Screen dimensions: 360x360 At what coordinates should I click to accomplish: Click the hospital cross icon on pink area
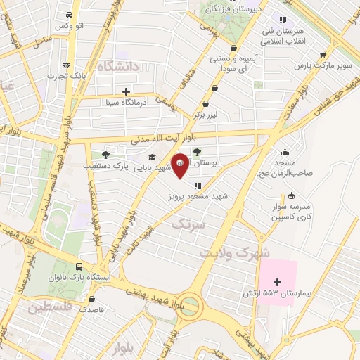click(277, 281)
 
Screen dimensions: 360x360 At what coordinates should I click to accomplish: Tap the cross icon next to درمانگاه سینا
click(126, 91)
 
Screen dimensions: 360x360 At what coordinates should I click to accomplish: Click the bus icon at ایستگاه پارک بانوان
click(79, 267)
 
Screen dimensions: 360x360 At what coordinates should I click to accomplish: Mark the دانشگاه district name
click(117, 67)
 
